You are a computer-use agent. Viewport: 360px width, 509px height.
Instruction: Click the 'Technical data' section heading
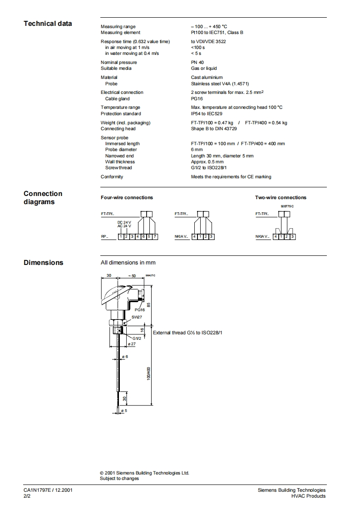pyautogui.click(x=48, y=24)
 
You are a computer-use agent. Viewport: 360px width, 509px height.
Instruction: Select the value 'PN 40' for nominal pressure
pyautogui.click(x=197, y=63)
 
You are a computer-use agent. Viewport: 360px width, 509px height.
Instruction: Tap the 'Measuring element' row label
pyautogui.click(x=120, y=33)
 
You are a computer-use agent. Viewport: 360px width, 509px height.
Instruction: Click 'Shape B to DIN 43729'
pyautogui.click(x=214, y=129)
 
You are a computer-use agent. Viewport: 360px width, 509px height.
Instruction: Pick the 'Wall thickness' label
pyautogui.click(x=120, y=162)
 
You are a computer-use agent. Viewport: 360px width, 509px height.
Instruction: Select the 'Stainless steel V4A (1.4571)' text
pyautogui.click(x=220, y=84)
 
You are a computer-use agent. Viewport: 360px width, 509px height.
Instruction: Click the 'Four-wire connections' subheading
pyautogui.click(x=127, y=198)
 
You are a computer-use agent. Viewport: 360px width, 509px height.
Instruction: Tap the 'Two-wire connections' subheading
pyautogui.click(x=281, y=198)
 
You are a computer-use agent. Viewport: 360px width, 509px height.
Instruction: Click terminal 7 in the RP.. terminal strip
pyautogui.click(x=155, y=237)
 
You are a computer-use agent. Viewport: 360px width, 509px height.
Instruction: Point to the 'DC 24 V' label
pyautogui.click(x=124, y=222)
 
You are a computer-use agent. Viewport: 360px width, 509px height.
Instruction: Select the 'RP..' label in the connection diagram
pyautogui.click(x=104, y=237)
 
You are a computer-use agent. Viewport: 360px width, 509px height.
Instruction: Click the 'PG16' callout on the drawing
pyautogui.click(x=139, y=309)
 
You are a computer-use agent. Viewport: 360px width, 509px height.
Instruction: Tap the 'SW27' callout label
pyautogui.click(x=137, y=317)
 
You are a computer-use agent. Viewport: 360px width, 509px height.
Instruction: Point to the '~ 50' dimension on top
pyautogui.click(x=132, y=276)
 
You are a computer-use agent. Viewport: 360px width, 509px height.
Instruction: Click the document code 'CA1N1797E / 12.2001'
pyautogui.click(x=48, y=490)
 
